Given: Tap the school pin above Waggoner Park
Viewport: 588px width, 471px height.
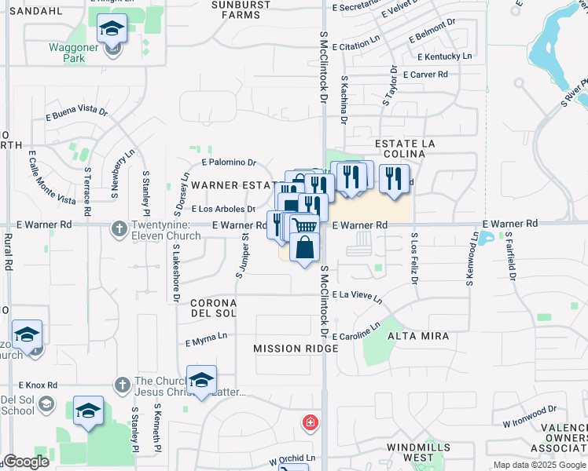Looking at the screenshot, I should click(x=112, y=31).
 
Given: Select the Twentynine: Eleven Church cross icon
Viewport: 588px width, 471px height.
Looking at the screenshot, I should click(x=119, y=228).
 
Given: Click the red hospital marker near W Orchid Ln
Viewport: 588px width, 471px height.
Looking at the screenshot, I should click(x=311, y=423).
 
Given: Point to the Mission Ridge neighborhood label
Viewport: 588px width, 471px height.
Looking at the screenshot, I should click(x=284, y=348).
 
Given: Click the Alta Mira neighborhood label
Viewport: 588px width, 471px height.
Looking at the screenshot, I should click(x=417, y=336).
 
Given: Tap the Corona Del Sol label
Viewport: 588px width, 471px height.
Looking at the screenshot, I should click(x=214, y=308).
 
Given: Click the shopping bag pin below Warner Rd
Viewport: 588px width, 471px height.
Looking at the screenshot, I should click(x=304, y=248).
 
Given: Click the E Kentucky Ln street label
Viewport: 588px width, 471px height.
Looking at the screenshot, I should click(x=445, y=57).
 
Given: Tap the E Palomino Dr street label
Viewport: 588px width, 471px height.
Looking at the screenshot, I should click(x=229, y=162).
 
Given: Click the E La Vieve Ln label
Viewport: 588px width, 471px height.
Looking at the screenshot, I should click(x=357, y=296).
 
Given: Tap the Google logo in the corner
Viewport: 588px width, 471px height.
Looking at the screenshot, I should click(x=25, y=461).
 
